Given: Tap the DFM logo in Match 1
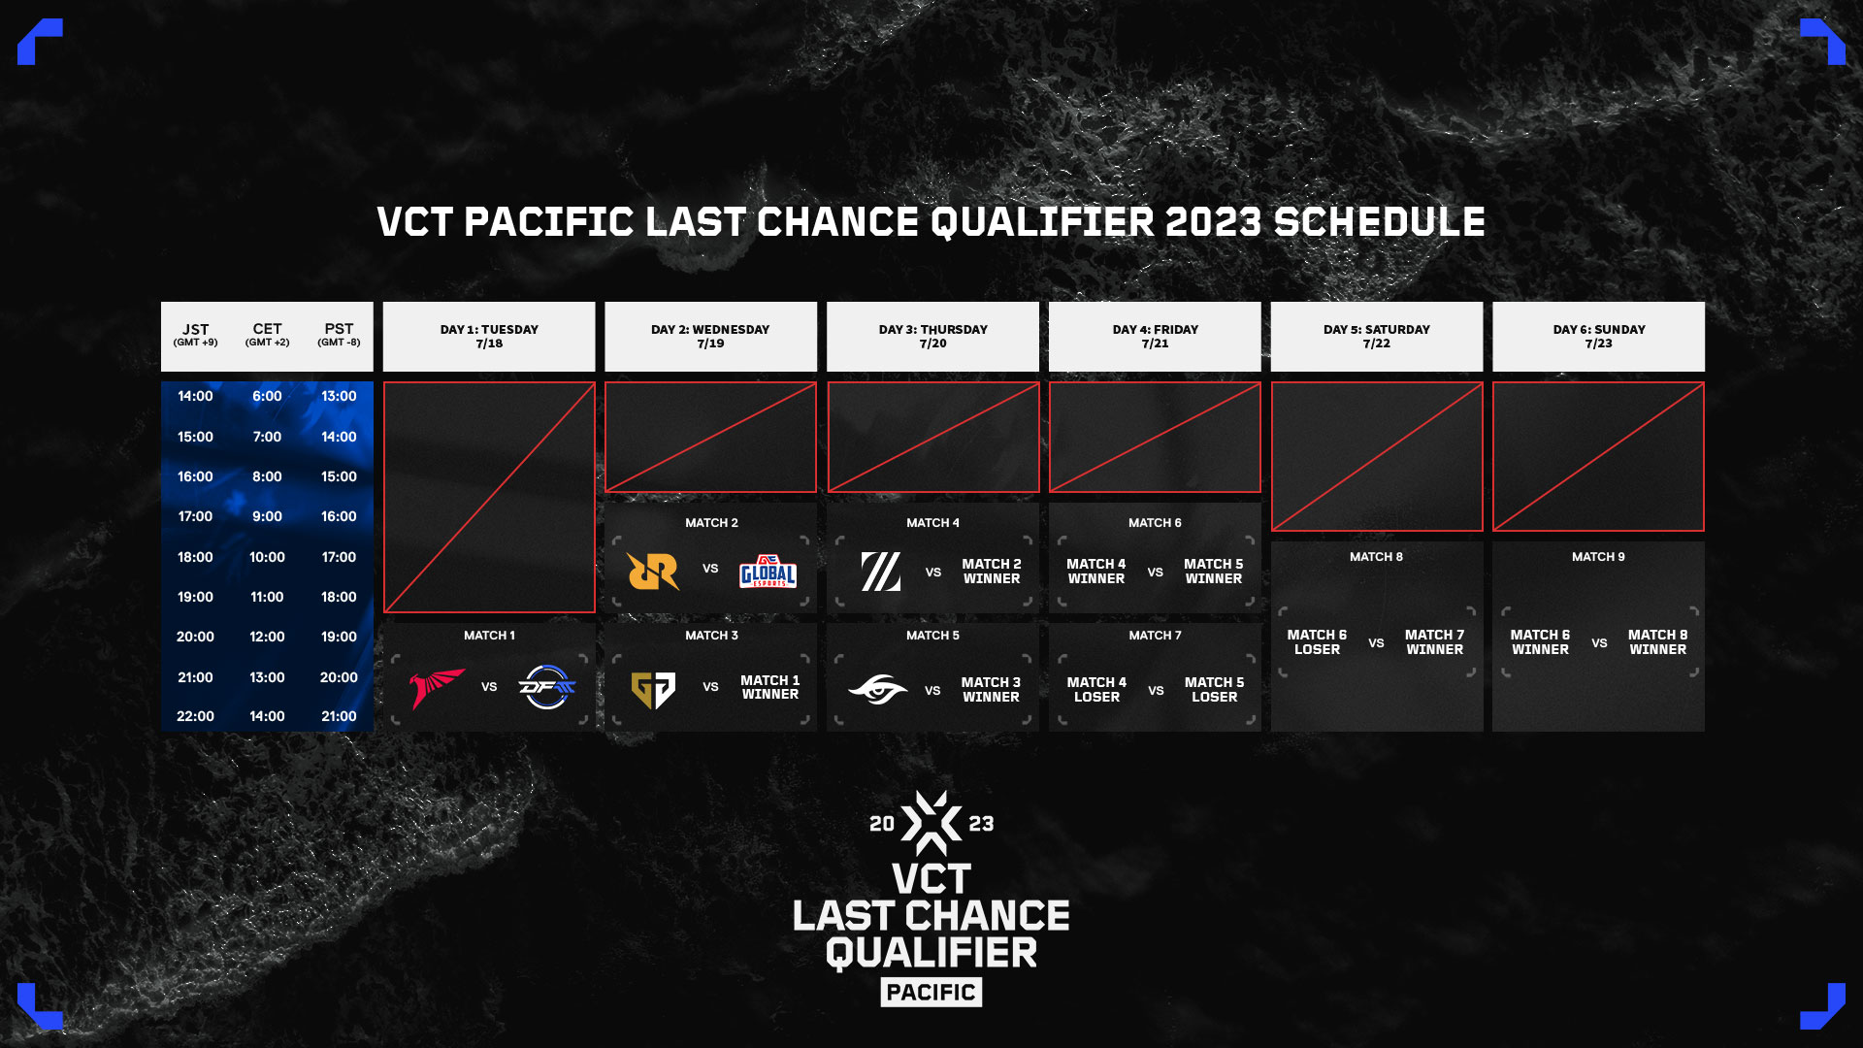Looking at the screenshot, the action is point(547,687).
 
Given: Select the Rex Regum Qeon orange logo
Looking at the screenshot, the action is point(653,571).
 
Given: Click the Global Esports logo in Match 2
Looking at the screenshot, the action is point(768,571).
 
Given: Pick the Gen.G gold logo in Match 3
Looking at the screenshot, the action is point(653,690).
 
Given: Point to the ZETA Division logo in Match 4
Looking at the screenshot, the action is point(881,572).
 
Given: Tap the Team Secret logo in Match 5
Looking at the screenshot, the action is point(878,689).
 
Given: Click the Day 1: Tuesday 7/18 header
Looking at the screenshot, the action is point(489,337).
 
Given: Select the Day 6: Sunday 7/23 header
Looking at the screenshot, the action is point(1598,337).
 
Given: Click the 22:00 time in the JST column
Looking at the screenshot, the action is point(195,716).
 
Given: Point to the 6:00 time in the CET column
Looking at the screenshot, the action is point(267,396).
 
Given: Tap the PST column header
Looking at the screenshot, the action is point(339,334).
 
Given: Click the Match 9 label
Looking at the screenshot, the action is point(1598,557).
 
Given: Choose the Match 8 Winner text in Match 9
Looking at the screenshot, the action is point(1657,642).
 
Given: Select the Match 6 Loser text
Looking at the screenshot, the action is point(1317,642).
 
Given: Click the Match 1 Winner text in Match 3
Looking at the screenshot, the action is point(770,687).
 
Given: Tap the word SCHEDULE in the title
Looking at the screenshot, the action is point(1379,222).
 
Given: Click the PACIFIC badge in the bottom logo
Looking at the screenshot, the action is point(931,992).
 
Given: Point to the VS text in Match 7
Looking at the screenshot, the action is point(1156,691).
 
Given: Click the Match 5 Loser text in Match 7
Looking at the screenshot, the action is point(1214,690).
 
